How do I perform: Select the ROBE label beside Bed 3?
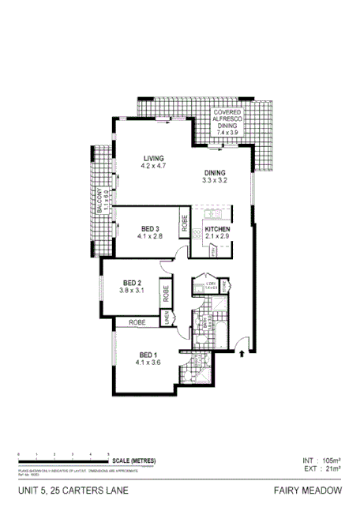184,225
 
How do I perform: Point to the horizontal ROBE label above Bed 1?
137,322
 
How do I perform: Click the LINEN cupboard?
167,318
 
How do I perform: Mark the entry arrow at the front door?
241,353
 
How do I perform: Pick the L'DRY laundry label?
211,285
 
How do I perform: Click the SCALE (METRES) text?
133,460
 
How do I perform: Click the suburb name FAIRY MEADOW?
308,491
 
